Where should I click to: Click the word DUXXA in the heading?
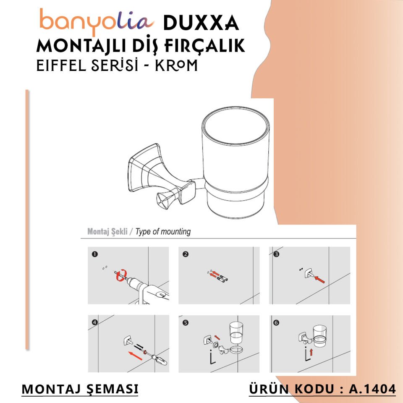tap(201, 23)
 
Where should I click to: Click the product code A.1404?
tap(372, 389)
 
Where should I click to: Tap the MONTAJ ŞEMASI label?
tap(80, 389)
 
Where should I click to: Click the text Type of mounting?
tap(163, 232)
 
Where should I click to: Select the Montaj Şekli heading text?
tap(107, 232)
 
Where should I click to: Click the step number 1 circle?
tap(95, 254)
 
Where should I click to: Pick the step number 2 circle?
tap(186, 254)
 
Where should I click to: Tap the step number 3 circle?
tap(276, 254)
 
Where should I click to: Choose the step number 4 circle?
tap(95, 322)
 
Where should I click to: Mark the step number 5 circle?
tap(186, 322)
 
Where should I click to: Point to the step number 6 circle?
tap(276, 322)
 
